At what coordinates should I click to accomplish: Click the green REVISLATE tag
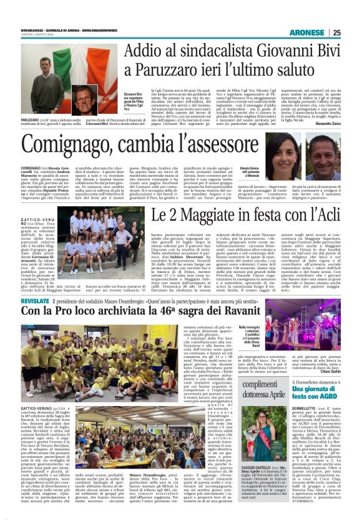tap(34, 300)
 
